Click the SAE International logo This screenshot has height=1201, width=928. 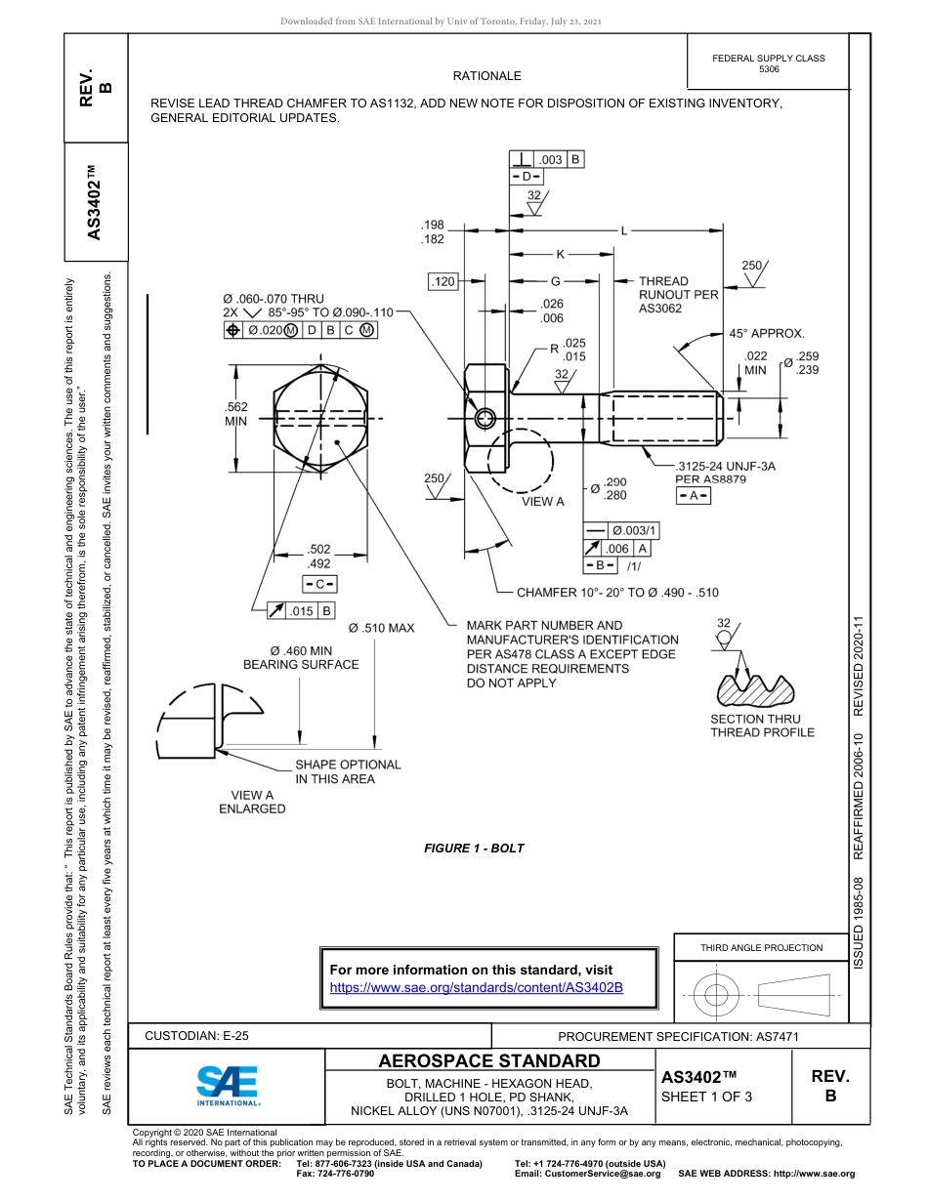pos(227,1084)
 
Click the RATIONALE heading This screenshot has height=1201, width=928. pos(486,76)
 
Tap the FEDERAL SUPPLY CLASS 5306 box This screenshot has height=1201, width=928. pos(769,63)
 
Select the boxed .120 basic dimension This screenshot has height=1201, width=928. pos(443,282)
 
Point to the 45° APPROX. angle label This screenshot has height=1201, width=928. pos(767,333)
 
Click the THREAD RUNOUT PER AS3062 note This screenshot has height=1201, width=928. pos(678,294)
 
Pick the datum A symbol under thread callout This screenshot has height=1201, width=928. pos(694,496)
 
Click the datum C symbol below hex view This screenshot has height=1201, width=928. pos(319,585)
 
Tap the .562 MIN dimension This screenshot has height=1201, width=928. pos(236,414)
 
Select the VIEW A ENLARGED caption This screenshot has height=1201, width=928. pos(252,802)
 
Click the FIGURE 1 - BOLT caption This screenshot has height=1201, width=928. pos(474,849)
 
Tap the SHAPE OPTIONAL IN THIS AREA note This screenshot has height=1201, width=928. pos(348,771)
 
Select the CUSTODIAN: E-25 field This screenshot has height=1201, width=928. pos(196,1036)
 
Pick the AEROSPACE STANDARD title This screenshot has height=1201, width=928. pos(489,1061)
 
